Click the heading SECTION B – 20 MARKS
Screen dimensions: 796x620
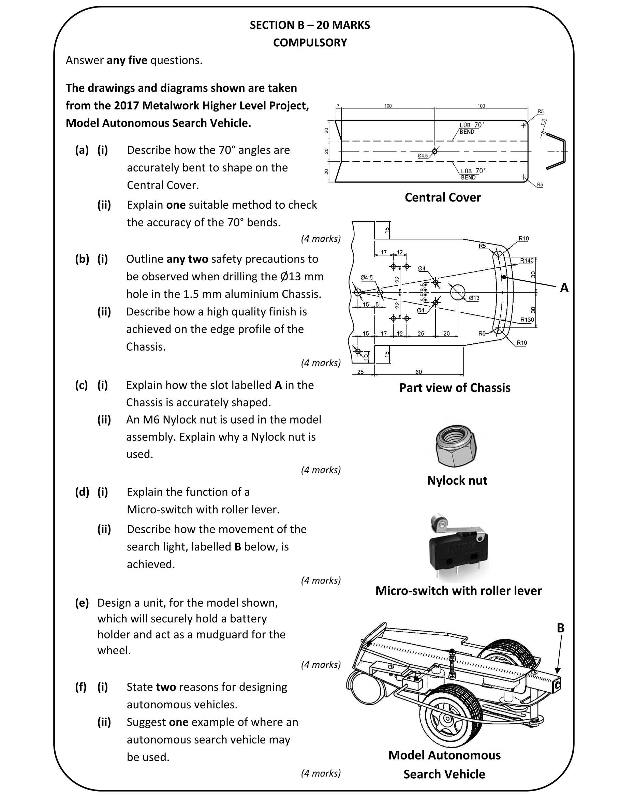[309, 25]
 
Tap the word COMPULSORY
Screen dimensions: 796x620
[310, 43]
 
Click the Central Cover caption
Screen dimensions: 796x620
[443, 197]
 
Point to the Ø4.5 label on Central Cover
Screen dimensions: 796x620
[423, 156]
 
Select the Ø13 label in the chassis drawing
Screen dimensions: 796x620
[474, 298]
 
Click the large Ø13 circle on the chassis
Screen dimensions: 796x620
[458, 292]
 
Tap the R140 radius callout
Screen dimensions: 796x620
[527, 261]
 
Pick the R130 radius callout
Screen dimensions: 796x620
[527, 320]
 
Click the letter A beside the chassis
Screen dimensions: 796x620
[564, 288]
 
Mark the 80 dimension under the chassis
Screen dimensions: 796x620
[418, 372]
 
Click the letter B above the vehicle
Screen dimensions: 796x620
[561, 628]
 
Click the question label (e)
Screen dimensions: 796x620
[82, 603]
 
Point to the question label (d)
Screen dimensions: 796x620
[82, 492]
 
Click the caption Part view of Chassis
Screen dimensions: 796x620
[455, 387]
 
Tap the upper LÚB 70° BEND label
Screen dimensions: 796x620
[471, 128]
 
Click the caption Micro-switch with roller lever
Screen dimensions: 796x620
[458, 590]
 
